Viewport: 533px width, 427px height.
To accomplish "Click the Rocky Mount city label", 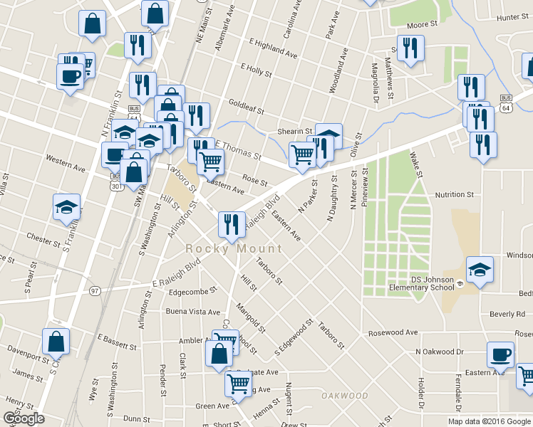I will [x=234, y=249].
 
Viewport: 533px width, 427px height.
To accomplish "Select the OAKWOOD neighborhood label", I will [x=344, y=396].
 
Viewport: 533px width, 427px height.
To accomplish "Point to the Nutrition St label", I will [x=454, y=194].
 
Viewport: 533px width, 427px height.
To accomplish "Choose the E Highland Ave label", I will [x=273, y=48].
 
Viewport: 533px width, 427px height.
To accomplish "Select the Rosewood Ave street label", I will [x=393, y=332].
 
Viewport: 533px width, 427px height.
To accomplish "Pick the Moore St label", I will [x=422, y=25].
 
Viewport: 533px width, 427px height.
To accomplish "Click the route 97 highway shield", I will [x=95, y=290].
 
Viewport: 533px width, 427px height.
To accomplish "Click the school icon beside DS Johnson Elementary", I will [x=480, y=270].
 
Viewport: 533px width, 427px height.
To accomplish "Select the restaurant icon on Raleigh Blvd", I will [x=231, y=224].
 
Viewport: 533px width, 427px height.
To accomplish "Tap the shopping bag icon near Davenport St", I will [x=56, y=342].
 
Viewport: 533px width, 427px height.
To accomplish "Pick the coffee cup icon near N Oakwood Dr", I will [x=500, y=354].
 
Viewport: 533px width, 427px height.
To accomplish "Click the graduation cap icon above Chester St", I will [x=67, y=207].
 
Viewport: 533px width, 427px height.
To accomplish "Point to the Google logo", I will [x=24, y=418].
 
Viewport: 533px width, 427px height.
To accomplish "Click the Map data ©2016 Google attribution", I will [x=490, y=421].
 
